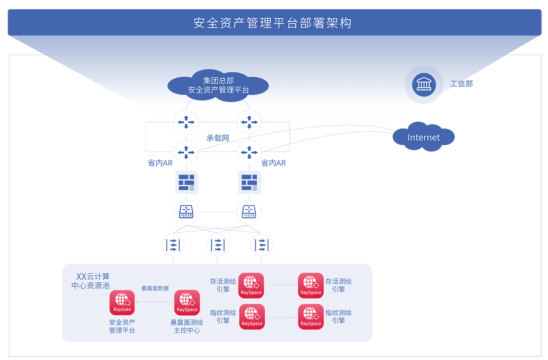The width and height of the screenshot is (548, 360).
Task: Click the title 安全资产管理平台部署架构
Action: click(272, 23)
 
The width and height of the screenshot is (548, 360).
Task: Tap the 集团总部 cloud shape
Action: click(218, 86)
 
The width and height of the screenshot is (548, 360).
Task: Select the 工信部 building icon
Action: click(423, 84)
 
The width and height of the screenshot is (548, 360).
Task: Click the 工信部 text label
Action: click(461, 84)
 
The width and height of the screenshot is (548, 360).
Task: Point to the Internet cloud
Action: click(424, 137)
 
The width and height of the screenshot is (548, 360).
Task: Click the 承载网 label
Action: click(218, 138)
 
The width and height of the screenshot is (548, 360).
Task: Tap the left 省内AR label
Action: click(160, 163)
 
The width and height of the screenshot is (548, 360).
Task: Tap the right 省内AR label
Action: click(273, 163)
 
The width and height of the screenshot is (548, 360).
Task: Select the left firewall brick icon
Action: click(186, 182)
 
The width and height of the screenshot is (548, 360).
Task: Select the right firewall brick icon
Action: click(249, 182)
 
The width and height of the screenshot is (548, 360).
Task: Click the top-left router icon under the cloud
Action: click(186, 122)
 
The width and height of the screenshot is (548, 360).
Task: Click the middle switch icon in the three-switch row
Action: click(218, 245)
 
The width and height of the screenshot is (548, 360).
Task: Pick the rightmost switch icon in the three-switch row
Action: click(261, 245)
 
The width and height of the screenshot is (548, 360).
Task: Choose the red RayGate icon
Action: click(122, 303)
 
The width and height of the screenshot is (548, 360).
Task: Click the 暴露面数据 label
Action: click(155, 288)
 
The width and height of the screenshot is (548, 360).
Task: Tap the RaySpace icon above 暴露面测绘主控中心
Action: click(187, 303)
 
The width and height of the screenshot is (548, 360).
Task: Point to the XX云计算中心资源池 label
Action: click(91, 281)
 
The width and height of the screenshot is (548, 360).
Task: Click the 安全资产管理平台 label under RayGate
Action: click(122, 326)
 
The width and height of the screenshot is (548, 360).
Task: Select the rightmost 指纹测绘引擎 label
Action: click(338, 317)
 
